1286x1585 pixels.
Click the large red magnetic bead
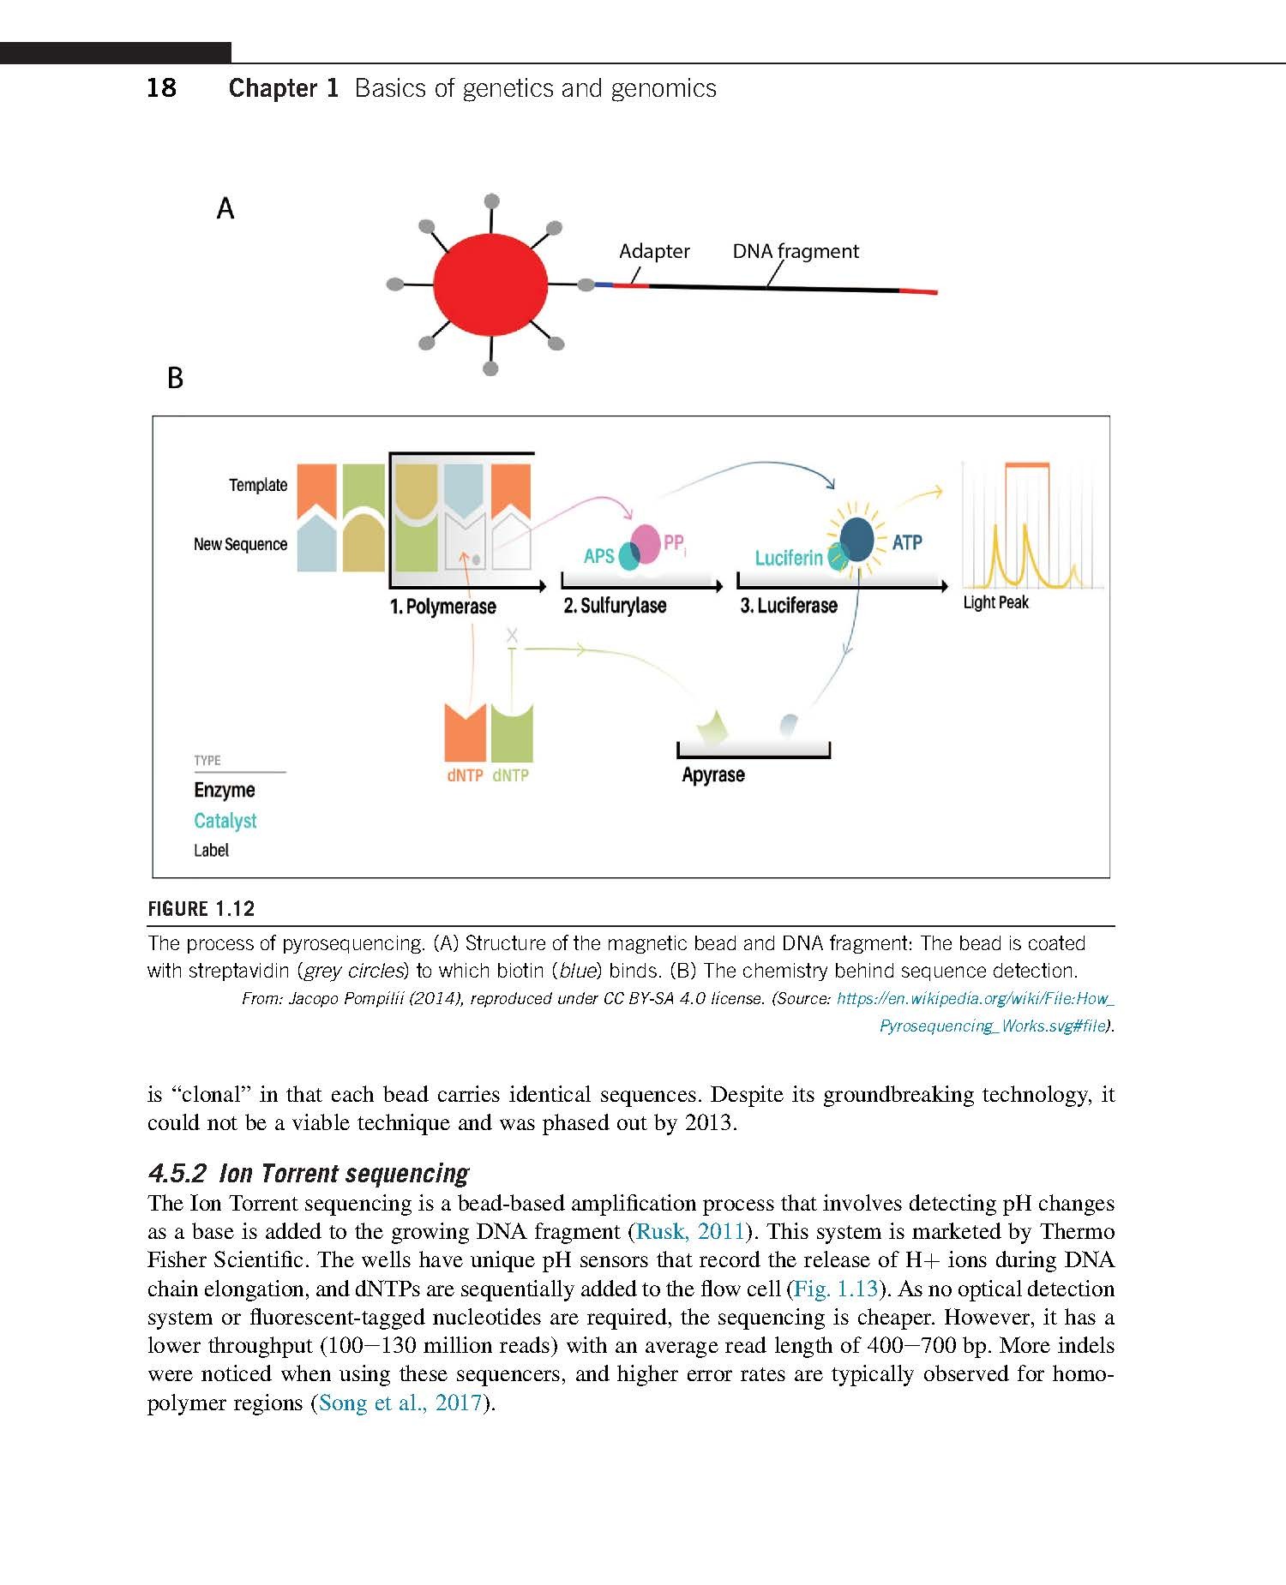490,285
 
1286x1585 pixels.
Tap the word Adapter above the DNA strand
654,251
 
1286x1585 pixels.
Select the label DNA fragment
796,251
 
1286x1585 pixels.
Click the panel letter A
225,208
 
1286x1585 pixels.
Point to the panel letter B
175,378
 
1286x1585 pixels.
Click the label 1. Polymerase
442,607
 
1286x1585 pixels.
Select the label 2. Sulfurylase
615,606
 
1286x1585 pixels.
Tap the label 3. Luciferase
789,606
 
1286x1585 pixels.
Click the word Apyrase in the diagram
713,775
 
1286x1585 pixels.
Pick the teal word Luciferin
789,559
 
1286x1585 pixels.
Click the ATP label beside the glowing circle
907,542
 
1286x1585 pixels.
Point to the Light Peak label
995,602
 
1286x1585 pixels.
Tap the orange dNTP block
466,732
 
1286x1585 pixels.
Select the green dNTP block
512,732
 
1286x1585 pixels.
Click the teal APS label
598,556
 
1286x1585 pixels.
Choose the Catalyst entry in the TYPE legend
225,821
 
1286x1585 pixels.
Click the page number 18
161,87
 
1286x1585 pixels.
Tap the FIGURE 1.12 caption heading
201,909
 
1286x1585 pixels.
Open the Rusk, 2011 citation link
689,1231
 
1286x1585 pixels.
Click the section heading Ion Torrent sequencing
344,1173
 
